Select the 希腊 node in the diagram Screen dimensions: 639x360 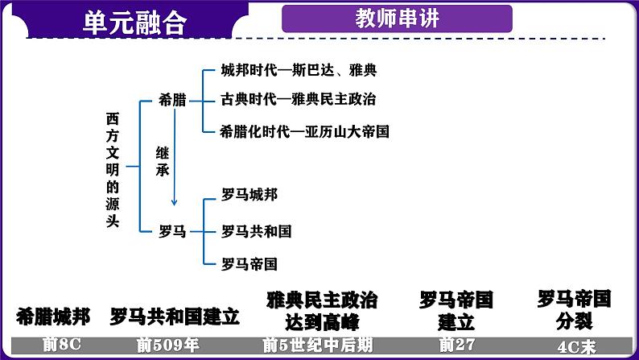[x=172, y=101]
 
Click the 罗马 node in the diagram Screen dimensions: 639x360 [x=172, y=232]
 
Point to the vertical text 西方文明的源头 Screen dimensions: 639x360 [x=113, y=169]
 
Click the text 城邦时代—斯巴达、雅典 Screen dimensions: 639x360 [x=299, y=71]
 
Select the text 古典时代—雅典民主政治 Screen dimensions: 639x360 [x=299, y=100]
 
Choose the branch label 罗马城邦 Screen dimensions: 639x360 [x=249, y=195]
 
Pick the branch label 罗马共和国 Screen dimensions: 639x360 [x=256, y=231]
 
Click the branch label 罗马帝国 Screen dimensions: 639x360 [x=249, y=263]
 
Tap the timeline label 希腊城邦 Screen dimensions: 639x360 [x=52, y=316]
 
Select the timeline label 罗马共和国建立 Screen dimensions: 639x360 [x=175, y=316]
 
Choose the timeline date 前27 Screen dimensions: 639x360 [x=450, y=346]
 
